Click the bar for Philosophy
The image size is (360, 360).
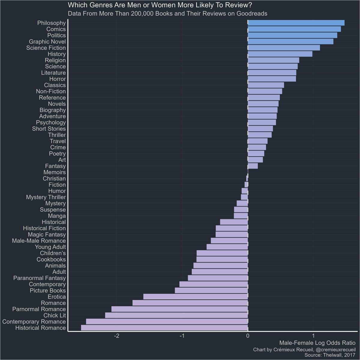(x=296, y=23)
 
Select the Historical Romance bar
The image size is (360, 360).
(x=164, y=328)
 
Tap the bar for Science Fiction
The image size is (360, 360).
(x=284, y=48)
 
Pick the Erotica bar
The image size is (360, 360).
(x=196, y=297)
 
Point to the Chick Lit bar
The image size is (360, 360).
(x=176, y=315)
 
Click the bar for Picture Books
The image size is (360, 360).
(x=211, y=290)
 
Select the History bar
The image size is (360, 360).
(x=280, y=54)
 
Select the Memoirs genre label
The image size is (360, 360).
(x=54, y=172)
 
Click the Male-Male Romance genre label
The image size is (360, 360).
(x=39, y=241)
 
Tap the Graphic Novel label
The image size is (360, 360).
(x=47, y=41)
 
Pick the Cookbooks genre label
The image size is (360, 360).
(x=51, y=259)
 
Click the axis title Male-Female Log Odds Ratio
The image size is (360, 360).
(x=317, y=343)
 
